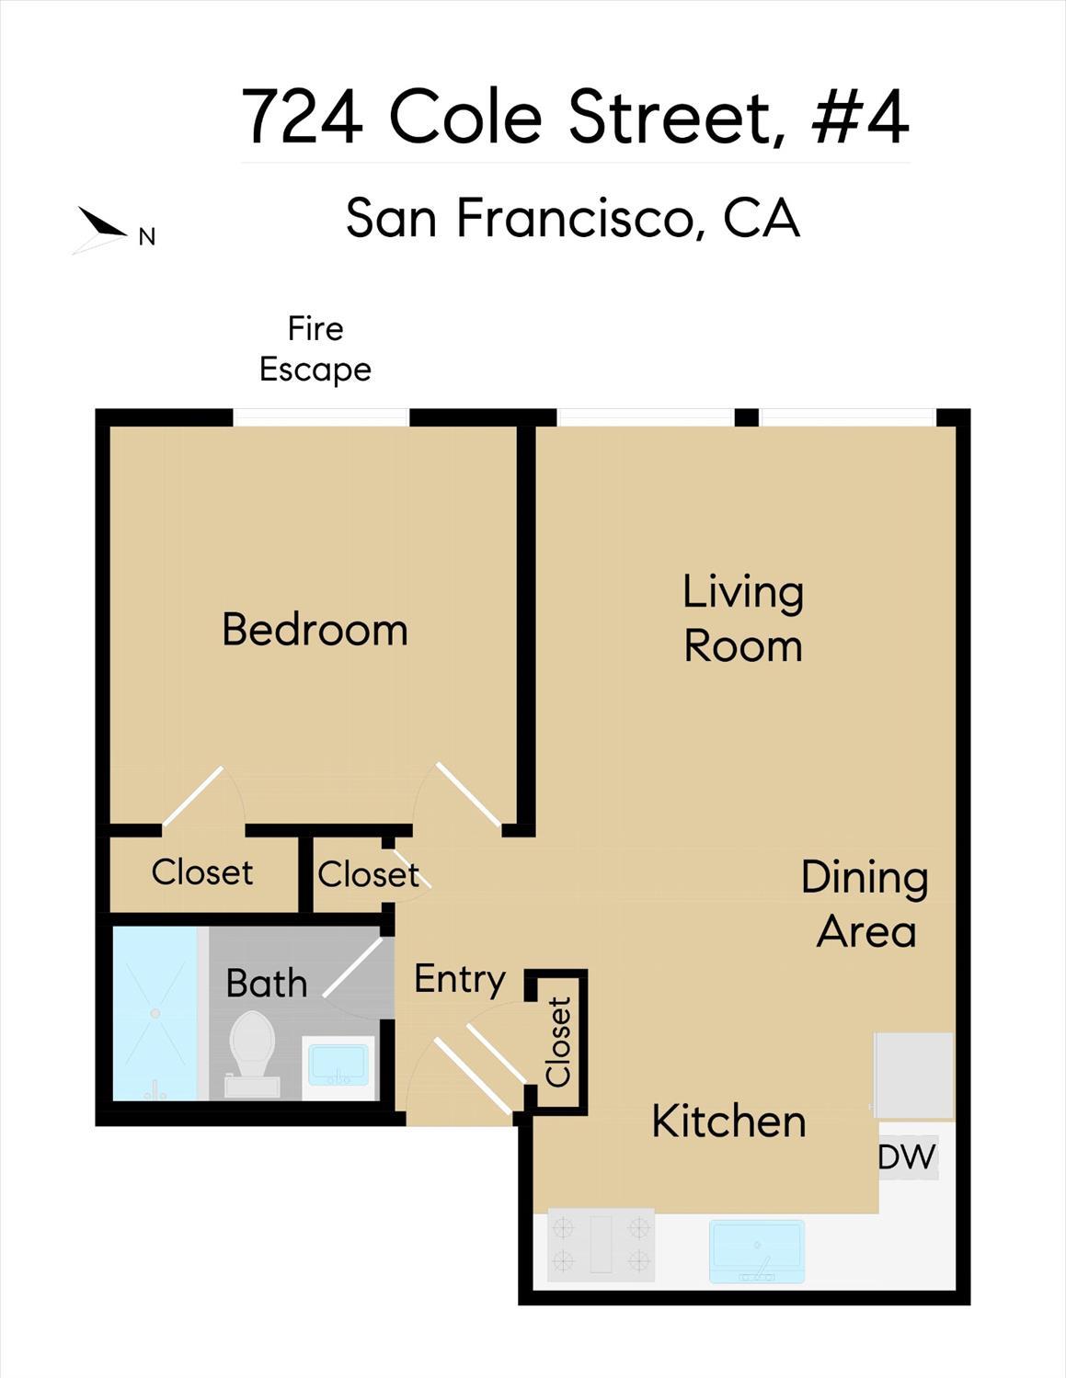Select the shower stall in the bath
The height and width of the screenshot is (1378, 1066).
(155, 1013)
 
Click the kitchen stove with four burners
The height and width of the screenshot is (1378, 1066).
(601, 1245)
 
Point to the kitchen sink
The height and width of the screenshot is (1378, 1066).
(756, 1250)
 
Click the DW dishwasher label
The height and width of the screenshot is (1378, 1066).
(907, 1157)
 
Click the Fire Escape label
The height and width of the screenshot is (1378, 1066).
(315, 349)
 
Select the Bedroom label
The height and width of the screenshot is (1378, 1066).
(315, 631)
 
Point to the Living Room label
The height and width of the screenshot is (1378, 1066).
(743, 619)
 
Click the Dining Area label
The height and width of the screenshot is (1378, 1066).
(865, 905)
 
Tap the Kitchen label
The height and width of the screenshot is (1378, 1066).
(728, 1122)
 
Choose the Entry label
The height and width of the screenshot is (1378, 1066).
(459, 979)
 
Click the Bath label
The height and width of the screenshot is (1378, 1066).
(267, 984)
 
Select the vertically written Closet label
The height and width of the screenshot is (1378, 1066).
(558, 1042)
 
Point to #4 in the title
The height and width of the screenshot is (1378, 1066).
(861, 117)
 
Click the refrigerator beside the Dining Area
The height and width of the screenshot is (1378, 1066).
(913, 1075)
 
